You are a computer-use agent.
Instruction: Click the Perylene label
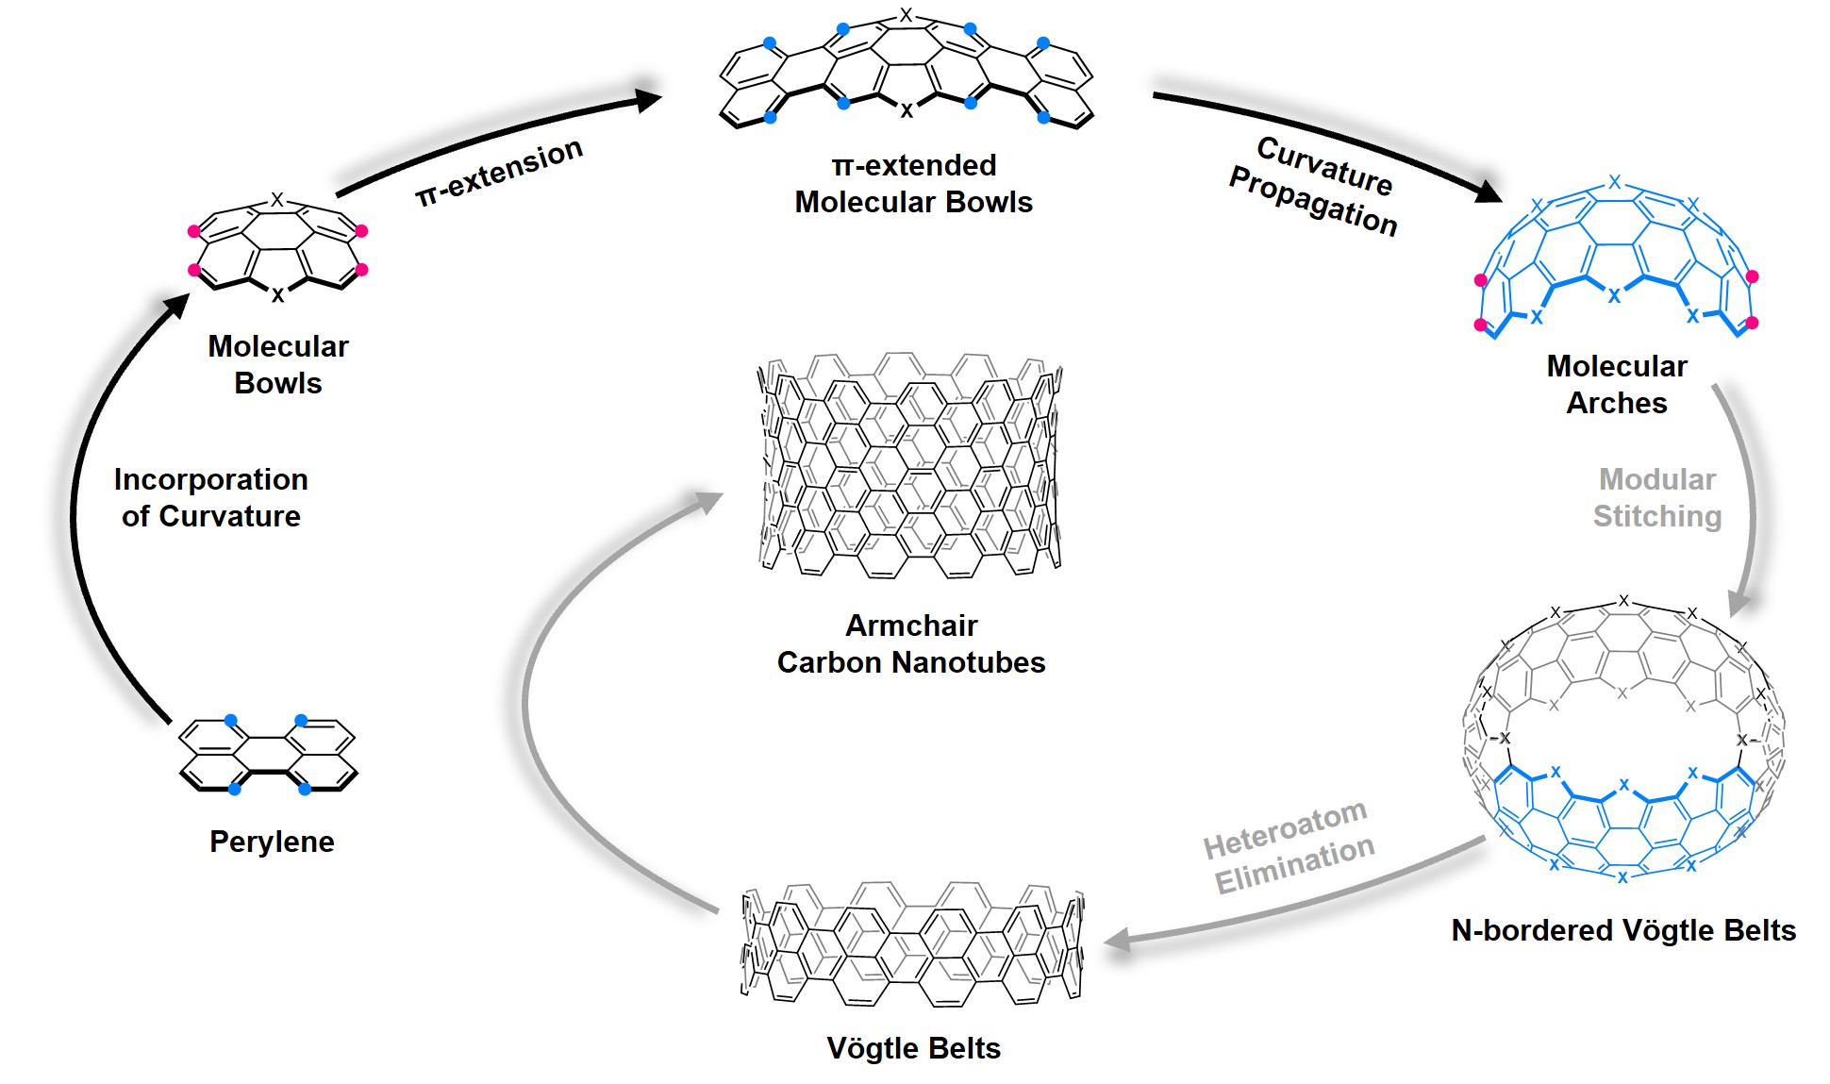[272, 842]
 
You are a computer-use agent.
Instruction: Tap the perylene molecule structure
[269, 754]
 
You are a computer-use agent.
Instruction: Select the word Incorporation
[211, 479]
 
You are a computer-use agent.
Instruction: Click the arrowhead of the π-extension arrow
[649, 99]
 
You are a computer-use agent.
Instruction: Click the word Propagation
[1313, 201]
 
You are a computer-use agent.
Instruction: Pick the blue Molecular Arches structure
[1615, 255]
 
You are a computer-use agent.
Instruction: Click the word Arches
[1617, 403]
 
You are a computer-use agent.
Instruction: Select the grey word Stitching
[1657, 516]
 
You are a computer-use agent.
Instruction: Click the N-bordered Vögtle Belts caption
[1623, 930]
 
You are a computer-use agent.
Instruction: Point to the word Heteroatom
[1286, 828]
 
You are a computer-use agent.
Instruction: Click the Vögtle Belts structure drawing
[912, 944]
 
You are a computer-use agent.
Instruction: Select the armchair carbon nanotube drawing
[910, 465]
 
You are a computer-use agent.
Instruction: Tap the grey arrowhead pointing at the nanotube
[708, 502]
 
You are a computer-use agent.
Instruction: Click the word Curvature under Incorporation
[229, 516]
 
